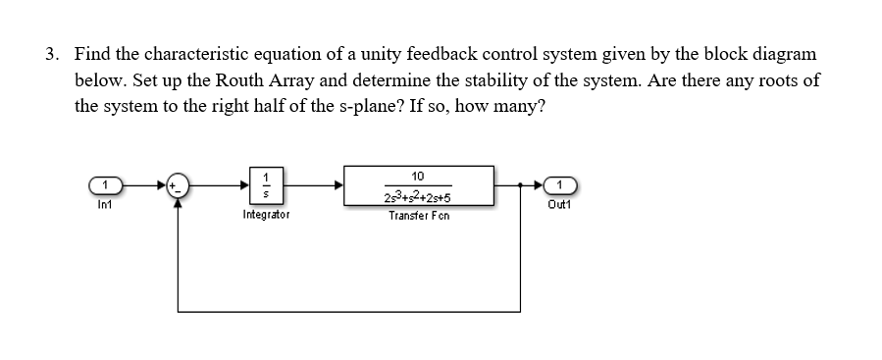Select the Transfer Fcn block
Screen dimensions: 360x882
click(x=418, y=183)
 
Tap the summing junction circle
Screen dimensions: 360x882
click(x=178, y=183)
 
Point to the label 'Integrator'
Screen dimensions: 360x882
click(x=265, y=213)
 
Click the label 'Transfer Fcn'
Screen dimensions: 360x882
click(x=418, y=215)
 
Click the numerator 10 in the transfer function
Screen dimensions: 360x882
click(x=418, y=173)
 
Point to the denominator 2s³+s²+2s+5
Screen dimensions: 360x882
click(x=418, y=195)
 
